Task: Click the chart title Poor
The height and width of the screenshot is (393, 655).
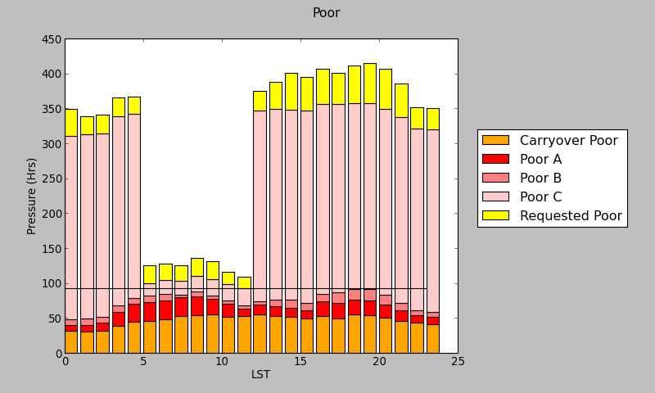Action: (326, 13)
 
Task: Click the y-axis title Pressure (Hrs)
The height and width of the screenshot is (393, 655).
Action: (32, 196)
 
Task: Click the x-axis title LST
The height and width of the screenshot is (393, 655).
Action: (260, 375)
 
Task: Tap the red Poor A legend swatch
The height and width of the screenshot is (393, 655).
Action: (495, 159)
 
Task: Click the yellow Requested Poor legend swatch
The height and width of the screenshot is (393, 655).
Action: (495, 215)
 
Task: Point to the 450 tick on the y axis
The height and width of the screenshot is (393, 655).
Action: (50, 39)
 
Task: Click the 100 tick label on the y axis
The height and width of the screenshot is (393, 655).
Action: (50, 284)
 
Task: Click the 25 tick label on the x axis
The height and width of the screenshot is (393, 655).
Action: (458, 362)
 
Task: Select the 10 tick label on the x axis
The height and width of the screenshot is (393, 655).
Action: (222, 362)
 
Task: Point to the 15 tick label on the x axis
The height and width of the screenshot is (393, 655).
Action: (300, 362)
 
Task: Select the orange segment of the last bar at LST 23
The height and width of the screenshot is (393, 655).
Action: (432, 338)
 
